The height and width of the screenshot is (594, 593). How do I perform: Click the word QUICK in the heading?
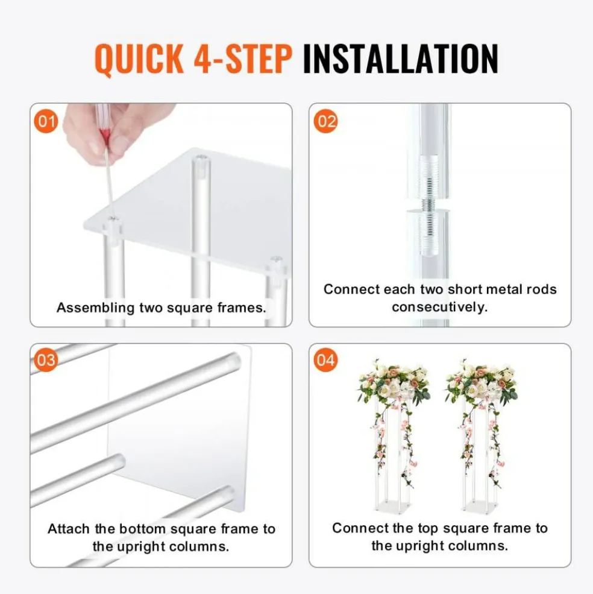point(139,58)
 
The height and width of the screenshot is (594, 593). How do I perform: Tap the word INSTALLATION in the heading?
point(400,58)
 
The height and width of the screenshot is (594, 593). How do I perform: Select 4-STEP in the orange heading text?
point(243,58)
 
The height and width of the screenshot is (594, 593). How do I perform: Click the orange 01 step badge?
point(46,121)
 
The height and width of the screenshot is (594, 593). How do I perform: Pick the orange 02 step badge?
point(325,121)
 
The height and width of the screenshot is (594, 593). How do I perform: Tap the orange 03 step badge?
point(46,360)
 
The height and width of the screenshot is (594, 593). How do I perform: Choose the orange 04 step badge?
point(325,360)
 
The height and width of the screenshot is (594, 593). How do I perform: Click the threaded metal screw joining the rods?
point(428,206)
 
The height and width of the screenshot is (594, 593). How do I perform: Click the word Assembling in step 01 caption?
point(95,308)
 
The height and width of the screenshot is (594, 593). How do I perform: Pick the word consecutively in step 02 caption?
point(440,307)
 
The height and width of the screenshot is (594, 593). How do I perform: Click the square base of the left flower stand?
point(388,506)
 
